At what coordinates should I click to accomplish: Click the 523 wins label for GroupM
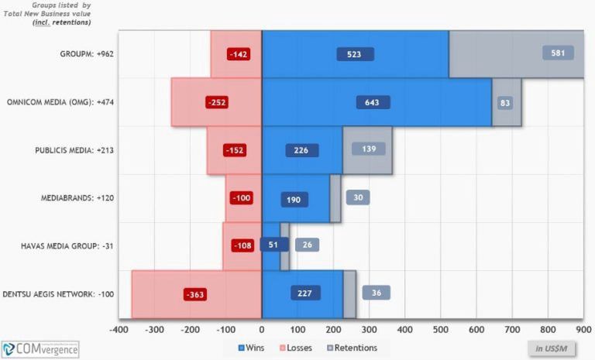(x=356, y=54)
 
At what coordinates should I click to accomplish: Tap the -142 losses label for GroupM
(x=237, y=54)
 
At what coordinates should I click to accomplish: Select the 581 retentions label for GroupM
(x=558, y=53)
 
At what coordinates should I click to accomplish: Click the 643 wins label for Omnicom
(x=373, y=102)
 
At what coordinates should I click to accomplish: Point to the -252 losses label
(x=217, y=102)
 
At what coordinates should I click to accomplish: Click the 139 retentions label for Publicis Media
(x=369, y=148)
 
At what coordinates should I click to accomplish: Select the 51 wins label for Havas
(x=273, y=245)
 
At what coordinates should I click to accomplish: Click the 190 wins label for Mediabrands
(x=294, y=199)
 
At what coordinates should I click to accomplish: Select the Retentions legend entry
(x=351, y=348)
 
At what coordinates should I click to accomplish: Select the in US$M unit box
(x=551, y=348)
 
